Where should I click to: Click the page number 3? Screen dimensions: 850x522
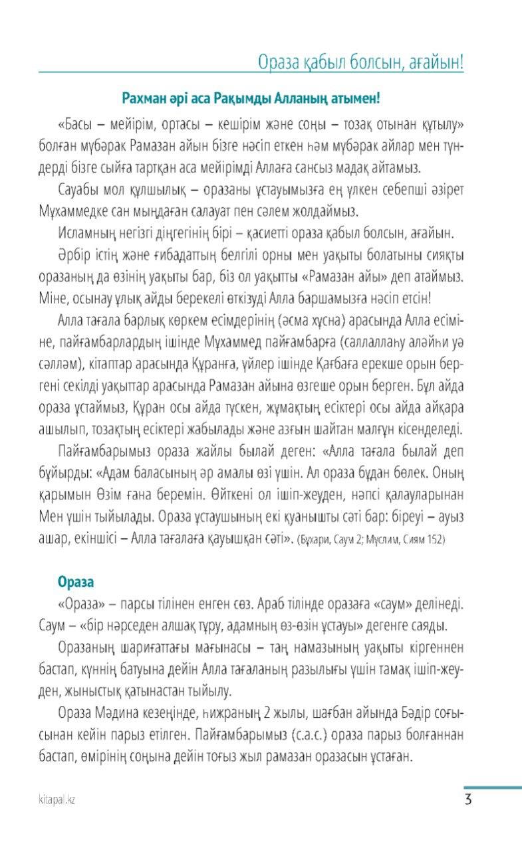coord(468,799)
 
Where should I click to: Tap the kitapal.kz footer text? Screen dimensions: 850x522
coord(57,800)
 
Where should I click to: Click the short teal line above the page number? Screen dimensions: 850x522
coord(492,788)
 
